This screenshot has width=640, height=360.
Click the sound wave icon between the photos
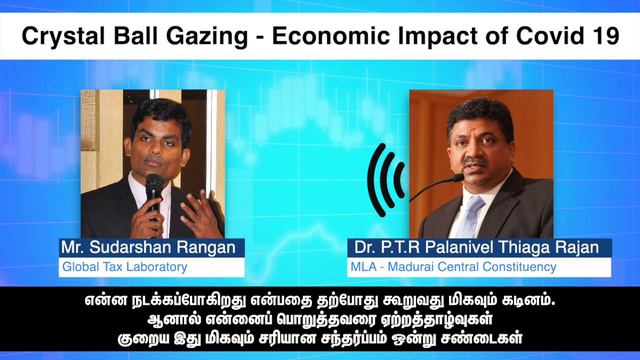click(x=385, y=180)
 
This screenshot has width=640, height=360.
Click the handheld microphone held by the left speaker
click(x=154, y=189)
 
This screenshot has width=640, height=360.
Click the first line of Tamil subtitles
click(x=320, y=299)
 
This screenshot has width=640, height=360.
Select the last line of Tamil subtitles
click(x=320, y=337)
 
